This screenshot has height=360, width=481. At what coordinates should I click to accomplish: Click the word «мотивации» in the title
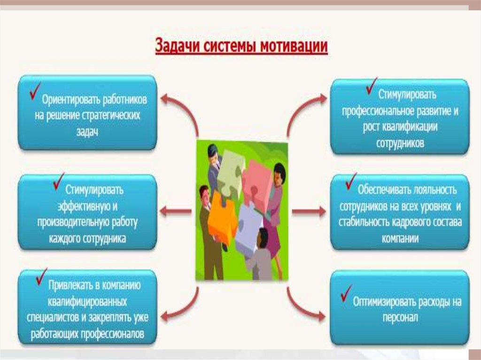click(x=294, y=46)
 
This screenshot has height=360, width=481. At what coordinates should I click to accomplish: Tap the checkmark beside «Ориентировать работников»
click(x=35, y=91)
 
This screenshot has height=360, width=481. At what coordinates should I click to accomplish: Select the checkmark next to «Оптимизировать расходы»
click(x=346, y=293)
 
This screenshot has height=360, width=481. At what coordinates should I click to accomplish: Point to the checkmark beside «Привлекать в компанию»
click(x=41, y=276)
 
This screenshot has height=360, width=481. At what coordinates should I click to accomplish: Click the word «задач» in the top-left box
click(x=87, y=131)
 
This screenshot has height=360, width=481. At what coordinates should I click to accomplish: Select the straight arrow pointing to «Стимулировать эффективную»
click(x=176, y=211)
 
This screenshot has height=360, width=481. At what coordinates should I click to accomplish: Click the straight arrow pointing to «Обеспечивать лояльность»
click(x=309, y=211)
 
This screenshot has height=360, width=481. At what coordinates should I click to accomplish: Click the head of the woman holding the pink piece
click(x=279, y=173)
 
